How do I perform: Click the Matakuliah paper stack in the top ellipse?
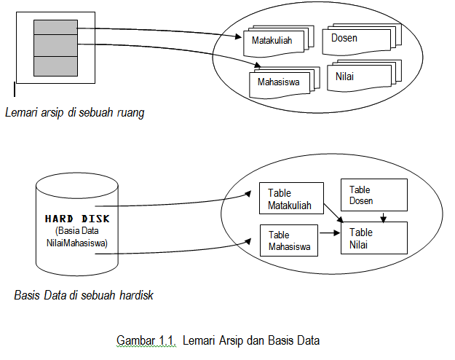(272, 41)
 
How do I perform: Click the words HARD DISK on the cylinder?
(76, 218)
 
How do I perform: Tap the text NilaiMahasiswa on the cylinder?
(76, 243)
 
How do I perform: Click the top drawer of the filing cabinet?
(55, 28)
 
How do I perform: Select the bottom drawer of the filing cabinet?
(55, 66)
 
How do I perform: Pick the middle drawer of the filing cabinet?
(55, 47)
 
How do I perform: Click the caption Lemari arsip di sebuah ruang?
(74, 113)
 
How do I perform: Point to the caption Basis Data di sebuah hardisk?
(84, 297)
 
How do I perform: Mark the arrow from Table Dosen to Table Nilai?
(384, 216)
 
